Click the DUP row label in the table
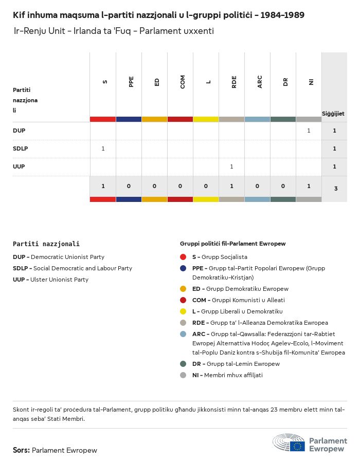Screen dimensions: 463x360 (19, 131)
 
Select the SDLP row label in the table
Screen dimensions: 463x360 (20, 149)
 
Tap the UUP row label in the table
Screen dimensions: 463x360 (19, 166)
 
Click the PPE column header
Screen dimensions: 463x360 (131, 82)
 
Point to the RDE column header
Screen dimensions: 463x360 (234, 82)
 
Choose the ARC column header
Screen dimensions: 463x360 (260, 82)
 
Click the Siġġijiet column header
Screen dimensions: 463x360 (333, 113)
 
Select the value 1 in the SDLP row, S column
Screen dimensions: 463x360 (103, 149)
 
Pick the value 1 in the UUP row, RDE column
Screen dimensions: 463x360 (231, 166)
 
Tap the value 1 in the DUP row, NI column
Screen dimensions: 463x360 (309, 131)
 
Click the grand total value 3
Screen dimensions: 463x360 (335, 189)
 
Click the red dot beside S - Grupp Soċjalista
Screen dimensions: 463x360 (183, 257)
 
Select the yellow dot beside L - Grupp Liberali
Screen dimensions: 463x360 (183, 311)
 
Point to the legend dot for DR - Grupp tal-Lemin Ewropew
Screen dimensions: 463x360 (183, 364)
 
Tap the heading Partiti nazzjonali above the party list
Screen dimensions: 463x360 (46, 244)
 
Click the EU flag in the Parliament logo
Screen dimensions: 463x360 (297, 446)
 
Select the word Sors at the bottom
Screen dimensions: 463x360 (21, 450)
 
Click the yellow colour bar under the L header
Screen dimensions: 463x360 (206, 119)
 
